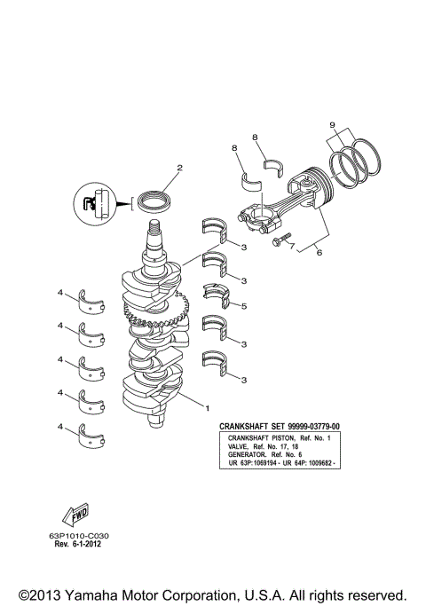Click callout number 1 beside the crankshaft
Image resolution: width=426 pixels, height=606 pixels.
point(208,409)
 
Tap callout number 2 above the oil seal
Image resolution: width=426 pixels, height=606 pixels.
point(178,167)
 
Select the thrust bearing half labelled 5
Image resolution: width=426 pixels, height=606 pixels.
point(216,296)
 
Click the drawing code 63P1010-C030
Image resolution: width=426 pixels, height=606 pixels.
point(85,536)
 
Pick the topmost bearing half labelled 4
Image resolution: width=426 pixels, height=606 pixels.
point(92,299)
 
